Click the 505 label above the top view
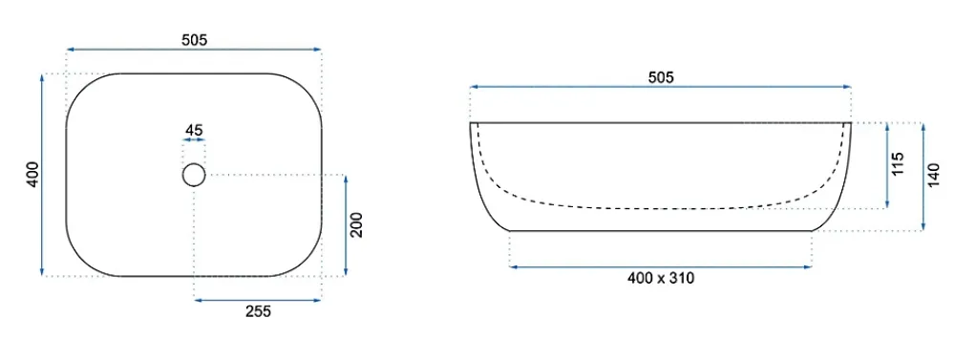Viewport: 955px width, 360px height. (194, 40)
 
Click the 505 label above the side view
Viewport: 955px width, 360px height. (661, 78)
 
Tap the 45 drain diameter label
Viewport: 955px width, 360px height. (194, 130)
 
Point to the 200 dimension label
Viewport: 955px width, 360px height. (356, 224)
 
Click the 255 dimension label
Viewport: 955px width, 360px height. (258, 312)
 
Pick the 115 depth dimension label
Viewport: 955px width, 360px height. (898, 164)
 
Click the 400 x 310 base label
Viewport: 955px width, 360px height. (661, 279)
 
